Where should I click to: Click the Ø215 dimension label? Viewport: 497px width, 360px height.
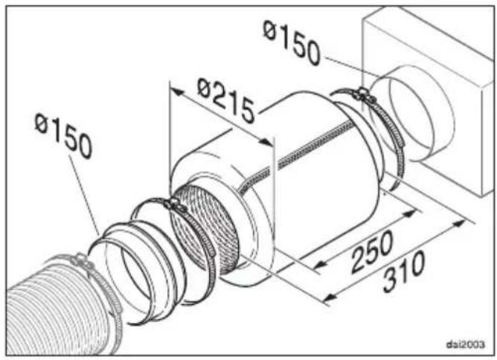click(x=225, y=100)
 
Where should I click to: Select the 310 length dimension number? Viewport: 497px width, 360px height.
click(x=403, y=272)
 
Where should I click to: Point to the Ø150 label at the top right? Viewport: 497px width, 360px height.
click(x=292, y=42)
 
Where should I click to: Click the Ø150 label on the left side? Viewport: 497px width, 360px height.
click(x=63, y=135)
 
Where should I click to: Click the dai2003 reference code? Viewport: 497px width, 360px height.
click(x=466, y=344)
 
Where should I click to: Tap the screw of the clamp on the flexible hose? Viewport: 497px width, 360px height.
click(x=80, y=261)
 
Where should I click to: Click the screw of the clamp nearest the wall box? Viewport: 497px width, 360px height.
click(x=363, y=94)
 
